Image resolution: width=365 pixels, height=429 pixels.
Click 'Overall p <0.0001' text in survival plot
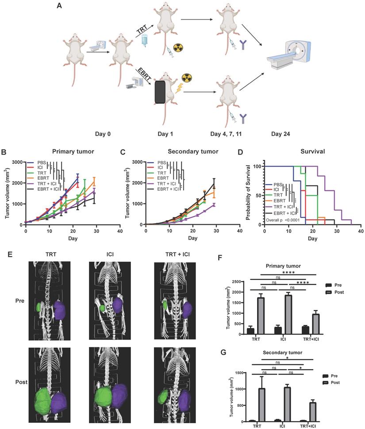pos(286,220)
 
